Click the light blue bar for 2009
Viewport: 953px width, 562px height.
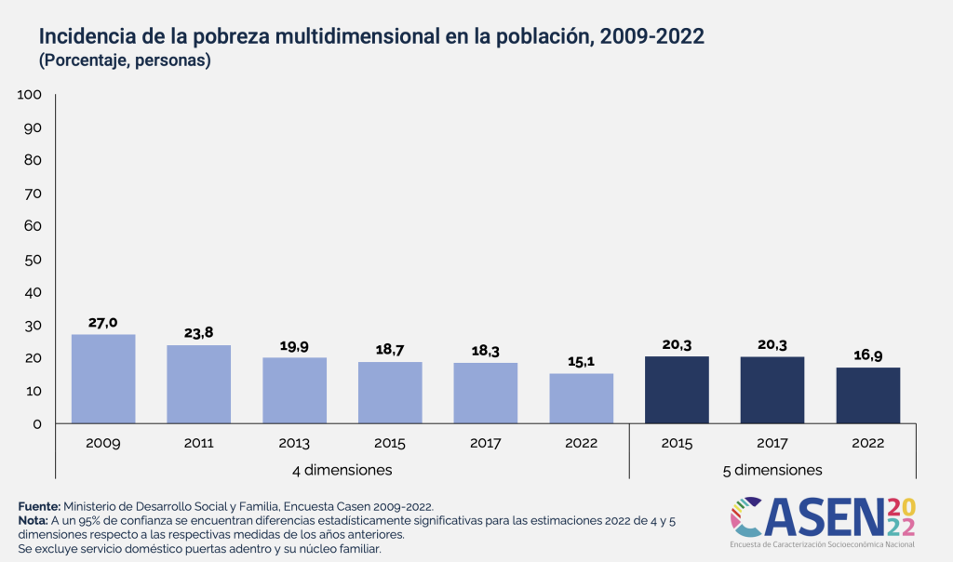click(103, 379)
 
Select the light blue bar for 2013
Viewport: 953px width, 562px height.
click(294, 390)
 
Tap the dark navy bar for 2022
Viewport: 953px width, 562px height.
click(868, 395)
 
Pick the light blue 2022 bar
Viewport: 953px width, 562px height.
click(582, 398)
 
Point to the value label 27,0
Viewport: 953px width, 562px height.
click(103, 322)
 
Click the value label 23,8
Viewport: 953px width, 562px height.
click(199, 333)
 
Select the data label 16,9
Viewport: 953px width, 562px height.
click(868, 355)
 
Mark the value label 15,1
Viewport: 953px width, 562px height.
click(582, 361)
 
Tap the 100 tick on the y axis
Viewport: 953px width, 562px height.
click(30, 95)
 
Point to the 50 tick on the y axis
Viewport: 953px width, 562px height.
click(34, 259)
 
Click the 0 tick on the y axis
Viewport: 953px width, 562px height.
click(37, 424)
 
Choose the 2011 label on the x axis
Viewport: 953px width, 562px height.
click(199, 442)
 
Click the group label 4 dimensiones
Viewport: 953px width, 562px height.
click(342, 469)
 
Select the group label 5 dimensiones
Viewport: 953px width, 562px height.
click(772, 470)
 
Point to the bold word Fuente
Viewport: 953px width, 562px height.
click(39, 506)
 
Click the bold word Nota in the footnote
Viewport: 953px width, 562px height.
click(35, 521)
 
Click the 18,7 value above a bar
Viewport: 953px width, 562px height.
click(390, 350)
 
